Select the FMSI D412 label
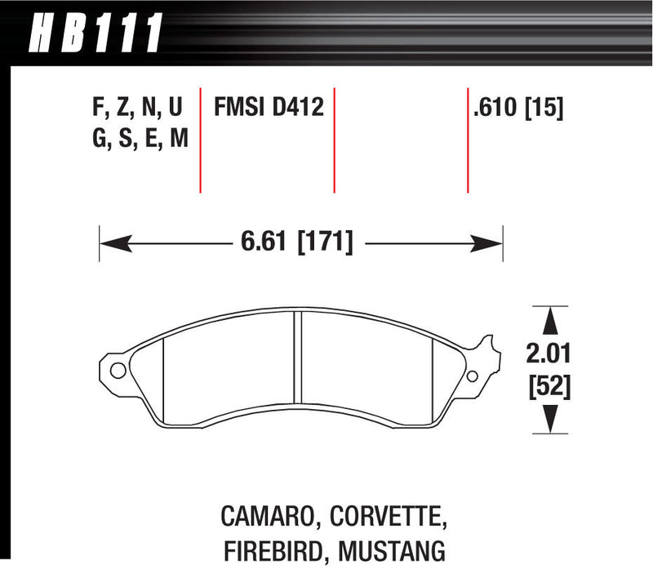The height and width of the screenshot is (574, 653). (x=269, y=108)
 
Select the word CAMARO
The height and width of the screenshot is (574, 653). (x=264, y=517)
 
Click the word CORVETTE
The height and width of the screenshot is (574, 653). (x=380, y=517)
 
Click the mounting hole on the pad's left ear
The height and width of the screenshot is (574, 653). (x=117, y=371)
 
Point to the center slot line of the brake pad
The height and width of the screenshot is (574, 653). (x=299, y=359)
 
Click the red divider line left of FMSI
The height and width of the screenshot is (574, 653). (x=200, y=139)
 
